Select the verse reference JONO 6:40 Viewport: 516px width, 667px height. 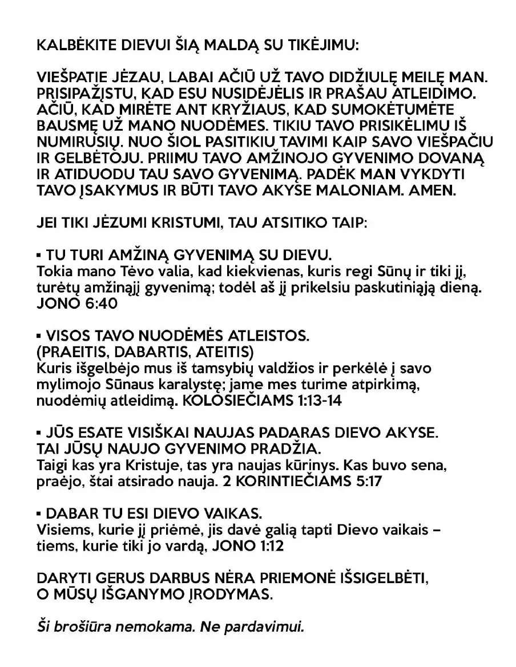point(76,303)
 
